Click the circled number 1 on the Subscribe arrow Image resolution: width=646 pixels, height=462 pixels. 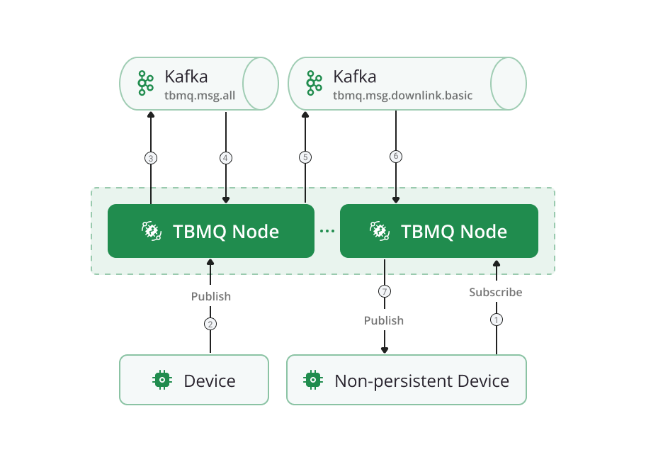click(496, 320)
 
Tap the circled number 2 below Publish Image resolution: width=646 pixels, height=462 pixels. click(210, 324)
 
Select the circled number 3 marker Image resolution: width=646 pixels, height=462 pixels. click(150, 158)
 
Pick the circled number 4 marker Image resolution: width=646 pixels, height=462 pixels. click(226, 158)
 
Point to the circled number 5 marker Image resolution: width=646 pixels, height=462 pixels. click(305, 157)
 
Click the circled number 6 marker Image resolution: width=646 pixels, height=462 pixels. click(396, 156)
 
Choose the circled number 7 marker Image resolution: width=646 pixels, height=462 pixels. click(385, 291)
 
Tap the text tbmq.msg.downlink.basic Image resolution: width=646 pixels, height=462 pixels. click(402, 95)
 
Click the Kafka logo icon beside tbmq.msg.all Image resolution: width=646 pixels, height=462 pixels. click(145, 83)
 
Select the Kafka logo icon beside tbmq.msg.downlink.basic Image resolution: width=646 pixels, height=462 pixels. click(314, 83)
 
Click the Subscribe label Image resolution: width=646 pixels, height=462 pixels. click(496, 292)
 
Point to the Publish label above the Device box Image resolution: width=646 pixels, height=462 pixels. click(211, 296)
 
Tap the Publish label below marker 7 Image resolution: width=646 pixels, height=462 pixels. click(384, 321)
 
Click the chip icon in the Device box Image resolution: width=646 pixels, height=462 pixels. click(163, 380)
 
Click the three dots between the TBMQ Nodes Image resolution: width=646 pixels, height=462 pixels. click(327, 231)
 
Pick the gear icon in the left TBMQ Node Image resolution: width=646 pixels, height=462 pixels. click(151, 231)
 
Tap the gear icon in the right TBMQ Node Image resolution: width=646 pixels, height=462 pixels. click(379, 231)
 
